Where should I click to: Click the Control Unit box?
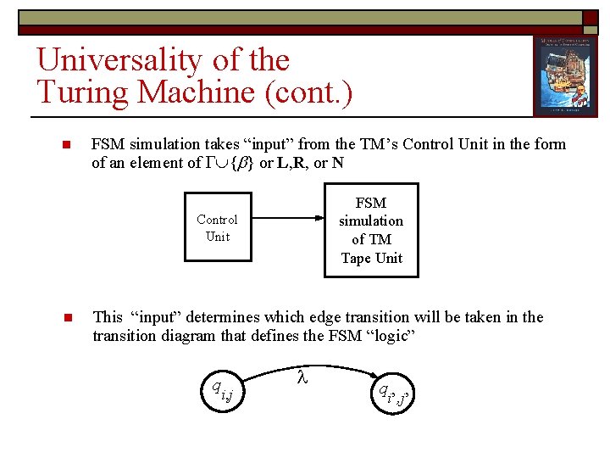pos(217,228)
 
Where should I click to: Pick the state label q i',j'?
pos(392,393)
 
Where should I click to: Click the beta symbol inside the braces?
pos(239,163)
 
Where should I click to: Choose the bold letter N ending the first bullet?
pos(337,163)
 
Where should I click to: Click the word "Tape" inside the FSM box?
pos(357,258)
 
